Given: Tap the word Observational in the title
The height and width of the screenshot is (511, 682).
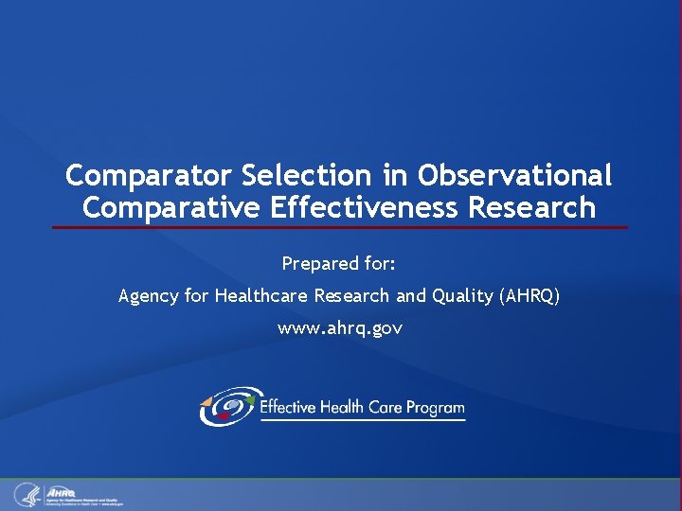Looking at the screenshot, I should (515, 176).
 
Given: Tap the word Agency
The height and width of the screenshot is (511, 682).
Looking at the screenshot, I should (150, 296).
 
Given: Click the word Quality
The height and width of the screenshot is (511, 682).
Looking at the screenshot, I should (461, 296).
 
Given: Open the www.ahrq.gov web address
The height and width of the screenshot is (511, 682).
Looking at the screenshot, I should (339, 328).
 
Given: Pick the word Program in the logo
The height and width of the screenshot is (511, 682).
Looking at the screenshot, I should (435, 408).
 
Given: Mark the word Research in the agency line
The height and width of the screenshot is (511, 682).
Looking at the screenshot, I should (351, 296).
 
